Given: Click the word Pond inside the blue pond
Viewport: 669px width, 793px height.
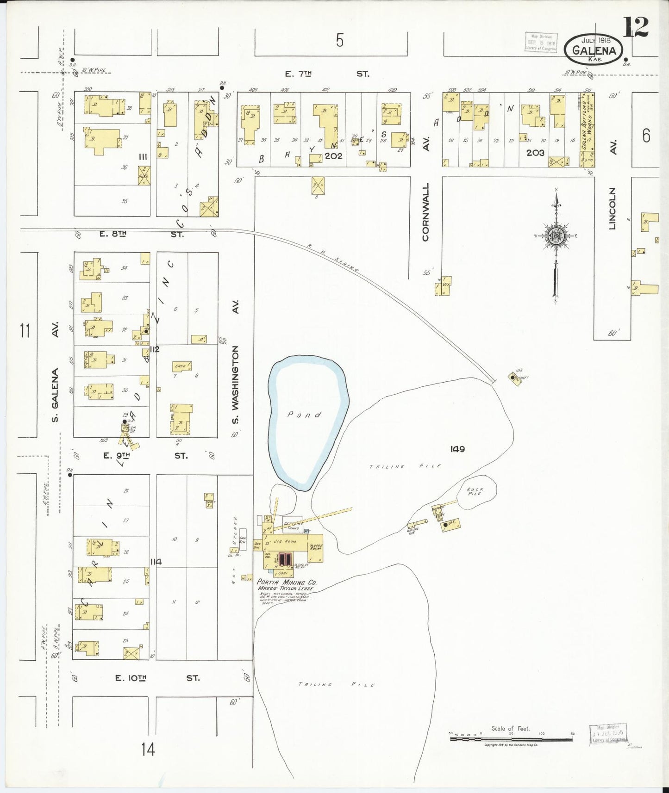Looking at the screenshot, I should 304,415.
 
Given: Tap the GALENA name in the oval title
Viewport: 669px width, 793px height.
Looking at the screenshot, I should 594,50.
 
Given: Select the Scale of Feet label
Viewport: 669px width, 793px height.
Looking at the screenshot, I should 510,728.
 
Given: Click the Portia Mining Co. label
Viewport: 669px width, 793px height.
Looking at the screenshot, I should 287,582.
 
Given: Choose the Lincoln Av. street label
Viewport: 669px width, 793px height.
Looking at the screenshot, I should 613,208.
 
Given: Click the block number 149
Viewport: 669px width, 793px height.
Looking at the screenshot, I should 457,449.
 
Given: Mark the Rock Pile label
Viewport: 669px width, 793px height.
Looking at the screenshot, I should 475,491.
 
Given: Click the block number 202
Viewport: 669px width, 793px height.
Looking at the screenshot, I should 333,156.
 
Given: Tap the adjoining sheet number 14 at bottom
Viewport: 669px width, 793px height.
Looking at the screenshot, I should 148,749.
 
